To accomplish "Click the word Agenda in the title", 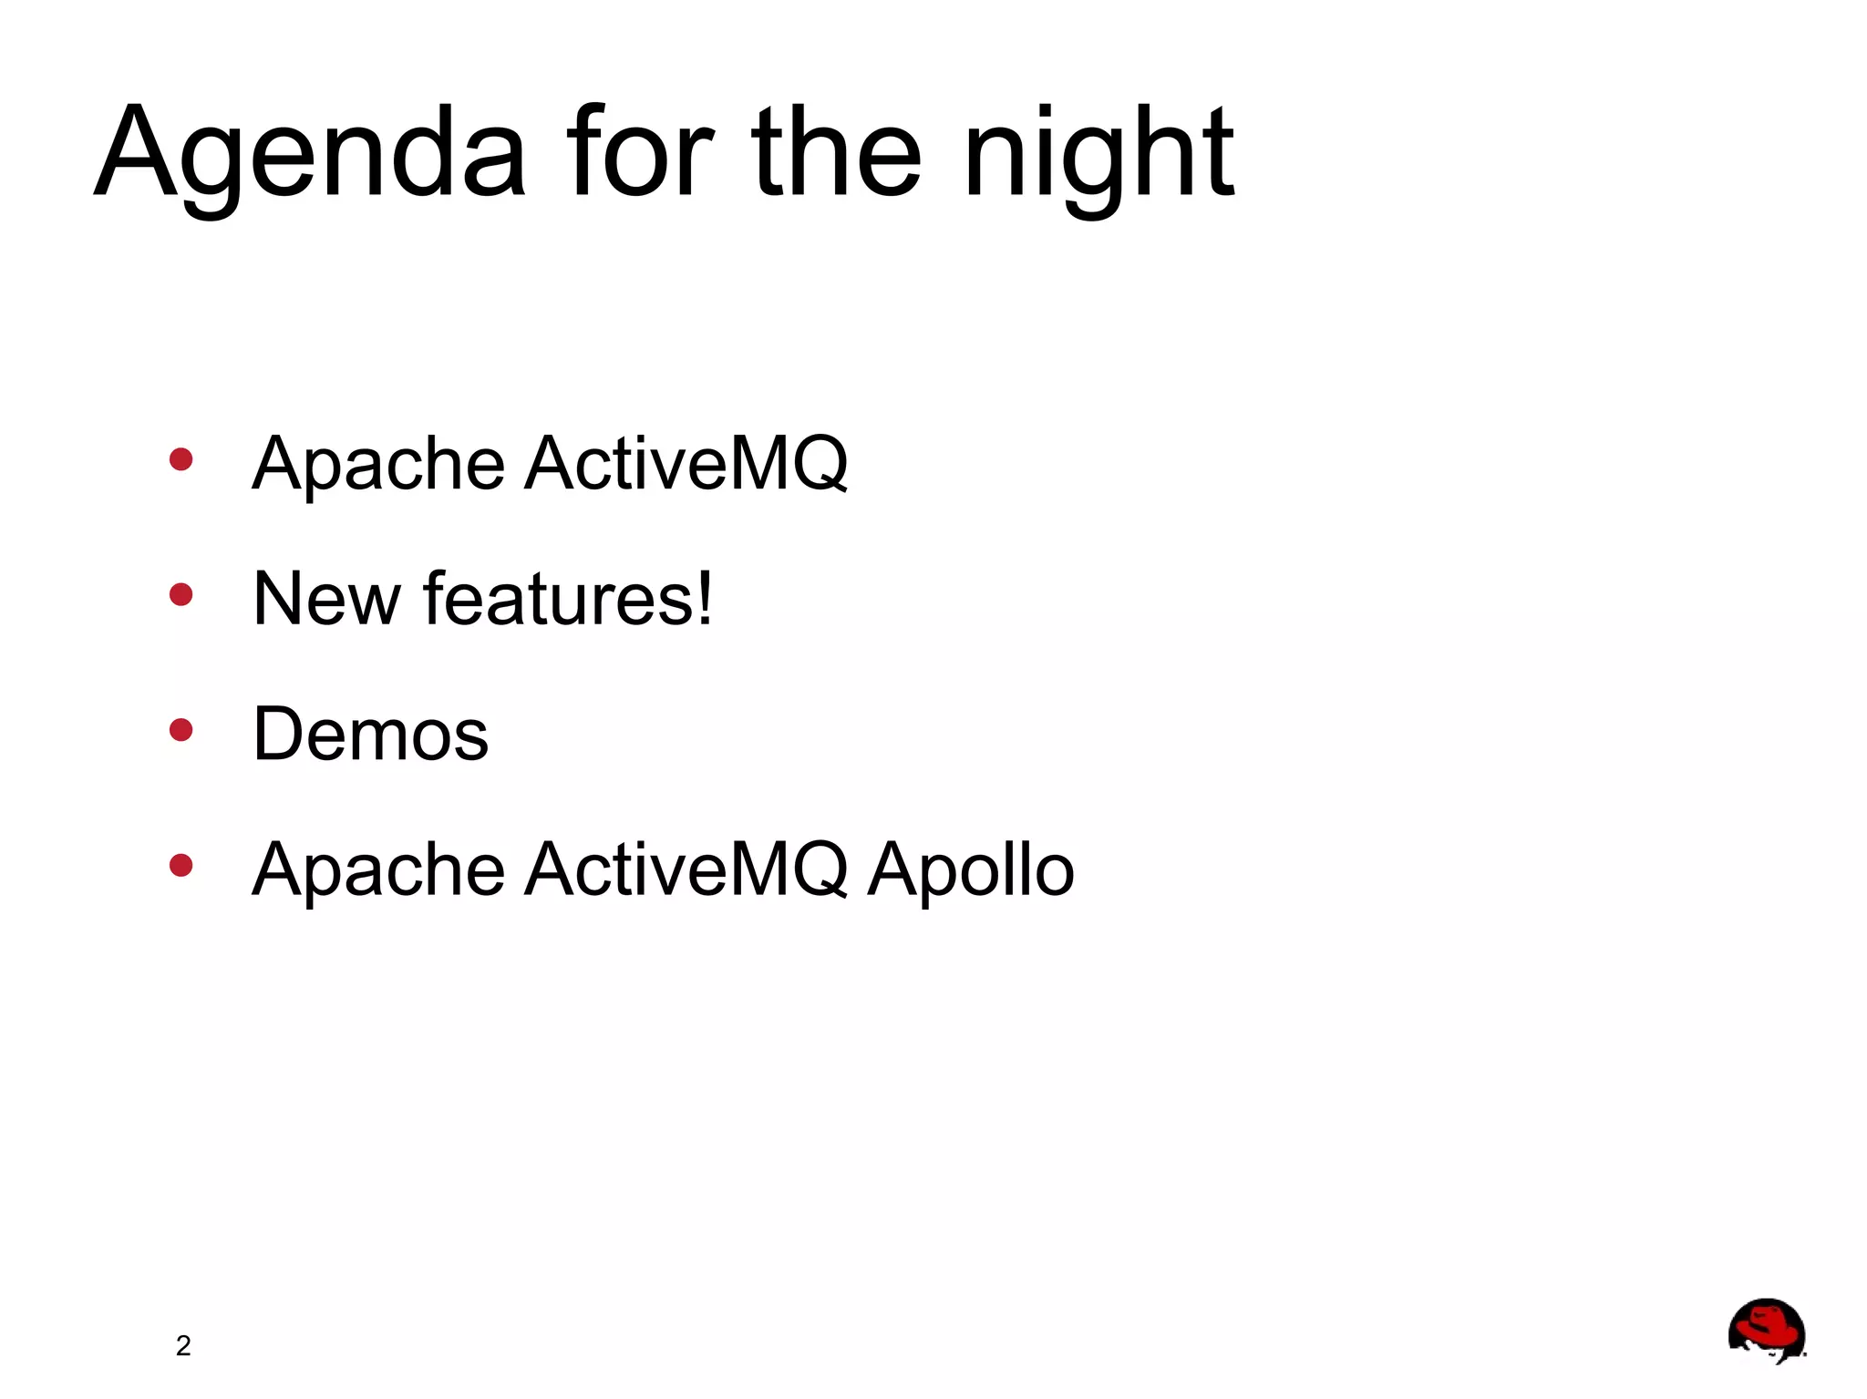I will tap(310, 155).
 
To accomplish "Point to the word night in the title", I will tap(1098, 155).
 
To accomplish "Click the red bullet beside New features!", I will tap(181, 595).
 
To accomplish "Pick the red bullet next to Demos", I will tap(181, 730).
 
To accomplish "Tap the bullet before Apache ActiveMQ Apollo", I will tap(181, 865).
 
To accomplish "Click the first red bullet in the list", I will tap(181, 459).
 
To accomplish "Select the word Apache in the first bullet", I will tap(378, 465).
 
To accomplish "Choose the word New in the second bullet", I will tap(326, 599).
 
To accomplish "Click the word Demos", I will tap(370, 735).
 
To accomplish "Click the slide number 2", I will tap(183, 1346).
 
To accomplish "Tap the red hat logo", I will tap(1766, 1330).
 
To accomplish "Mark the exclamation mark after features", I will tap(704, 599).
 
